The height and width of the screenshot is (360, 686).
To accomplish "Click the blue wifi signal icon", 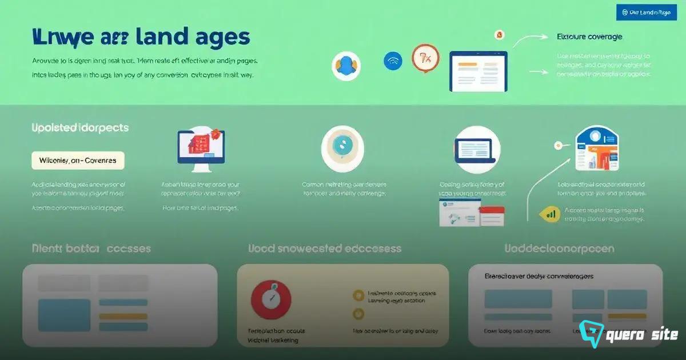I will coord(393,61).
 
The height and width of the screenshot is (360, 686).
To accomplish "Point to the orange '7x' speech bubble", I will coord(425,58).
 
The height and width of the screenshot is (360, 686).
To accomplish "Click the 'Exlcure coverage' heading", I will coord(589,37).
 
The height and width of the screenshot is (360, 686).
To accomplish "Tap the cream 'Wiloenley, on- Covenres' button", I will coord(78,161).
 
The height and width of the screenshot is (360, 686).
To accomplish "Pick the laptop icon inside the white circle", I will coord(477,149).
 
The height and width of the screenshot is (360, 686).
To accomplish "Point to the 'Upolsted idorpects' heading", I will coord(80,127).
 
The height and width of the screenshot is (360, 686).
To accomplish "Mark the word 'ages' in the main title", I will coord(222,37).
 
